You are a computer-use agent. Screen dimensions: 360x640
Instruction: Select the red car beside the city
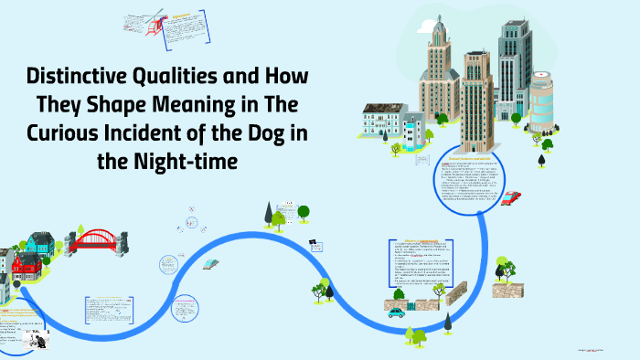(x=511, y=197)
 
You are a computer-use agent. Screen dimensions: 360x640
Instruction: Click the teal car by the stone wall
(x=395, y=312)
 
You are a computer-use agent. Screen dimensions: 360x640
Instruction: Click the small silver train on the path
(x=211, y=263)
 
